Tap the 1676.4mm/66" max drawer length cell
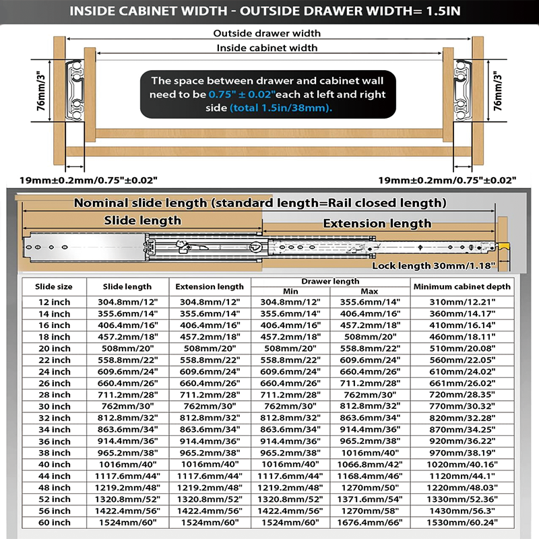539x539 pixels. (x=370, y=522)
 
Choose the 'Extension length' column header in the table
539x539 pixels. (x=210, y=286)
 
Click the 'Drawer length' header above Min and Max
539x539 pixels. (x=331, y=281)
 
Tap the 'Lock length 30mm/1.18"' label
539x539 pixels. (x=434, y=266)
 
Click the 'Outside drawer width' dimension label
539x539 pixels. (x=267, y=33)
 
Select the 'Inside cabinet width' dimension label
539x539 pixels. (x=267, y=48)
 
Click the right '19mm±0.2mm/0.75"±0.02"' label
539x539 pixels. (x=447, y=180)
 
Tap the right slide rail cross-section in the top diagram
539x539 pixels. (x=464, y=88)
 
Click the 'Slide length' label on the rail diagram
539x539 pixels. (x=142, y=220)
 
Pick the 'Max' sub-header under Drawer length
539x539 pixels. (x=370, y=291)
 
